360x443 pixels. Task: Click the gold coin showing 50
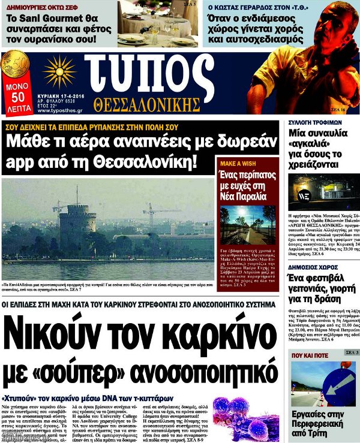click(x=16, y=65)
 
